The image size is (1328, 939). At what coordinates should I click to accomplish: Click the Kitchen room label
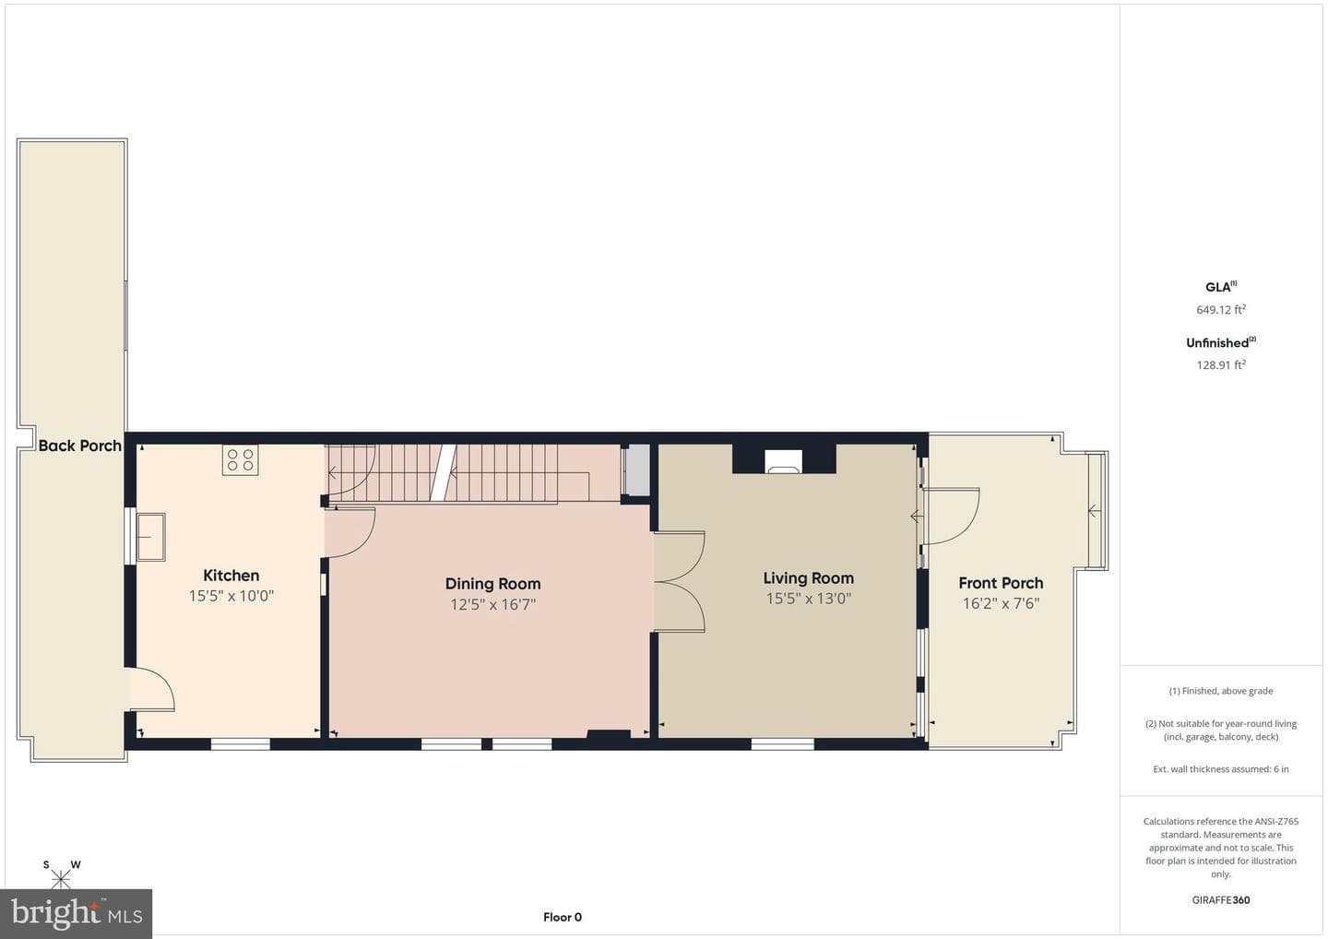tap(231, 575)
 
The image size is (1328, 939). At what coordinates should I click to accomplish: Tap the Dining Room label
tap(492, 584)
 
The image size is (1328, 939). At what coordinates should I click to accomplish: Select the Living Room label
tap(808, 578)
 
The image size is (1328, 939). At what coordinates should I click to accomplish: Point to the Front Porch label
tap(1001, 583)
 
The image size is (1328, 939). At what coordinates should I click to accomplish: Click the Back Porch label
tap(80, 446)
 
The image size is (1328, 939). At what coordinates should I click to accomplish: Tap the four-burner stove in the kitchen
tap(240, 460)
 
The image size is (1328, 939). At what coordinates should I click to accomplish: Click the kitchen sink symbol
tap(150, 537)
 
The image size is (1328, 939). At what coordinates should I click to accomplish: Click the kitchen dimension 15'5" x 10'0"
tap(231, 596)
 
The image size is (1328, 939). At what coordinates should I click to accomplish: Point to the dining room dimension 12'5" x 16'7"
tap(492, 604)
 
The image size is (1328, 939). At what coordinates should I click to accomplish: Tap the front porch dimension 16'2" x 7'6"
tap(1001, 603)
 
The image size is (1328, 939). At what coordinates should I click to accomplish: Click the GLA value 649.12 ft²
tap(1221, 309)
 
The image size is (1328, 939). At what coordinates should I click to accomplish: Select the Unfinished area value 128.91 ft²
tap(1221, 364)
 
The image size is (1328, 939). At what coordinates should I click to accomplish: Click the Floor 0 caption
tap(563, 917)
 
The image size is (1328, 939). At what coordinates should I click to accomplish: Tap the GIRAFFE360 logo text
tap(1221, 900)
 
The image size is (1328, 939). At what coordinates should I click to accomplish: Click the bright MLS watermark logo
tap(76, 913)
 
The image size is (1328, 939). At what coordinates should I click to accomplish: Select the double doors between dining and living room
tap(680, 581)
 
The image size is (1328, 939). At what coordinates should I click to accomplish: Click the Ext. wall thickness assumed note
tap(1221, 769)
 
